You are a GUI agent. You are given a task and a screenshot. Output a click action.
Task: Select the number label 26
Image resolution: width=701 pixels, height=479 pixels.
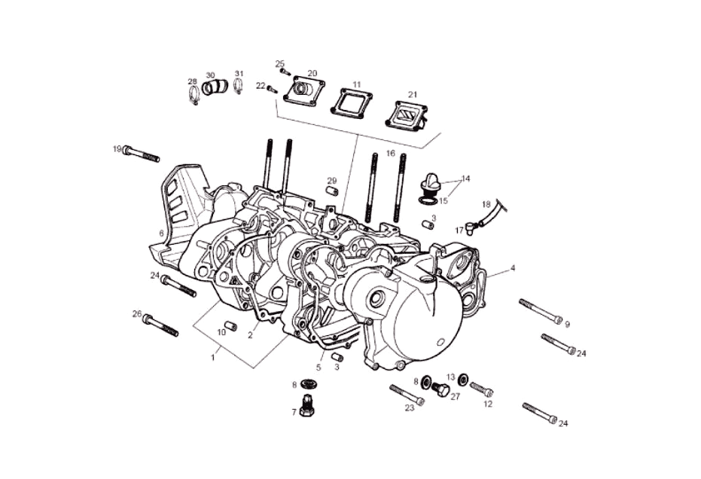point(136,313)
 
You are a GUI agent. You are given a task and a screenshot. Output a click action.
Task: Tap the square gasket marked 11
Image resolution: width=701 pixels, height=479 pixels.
point(355,102)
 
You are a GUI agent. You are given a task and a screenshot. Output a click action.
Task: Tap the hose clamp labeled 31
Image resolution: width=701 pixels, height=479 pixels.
point(239,87)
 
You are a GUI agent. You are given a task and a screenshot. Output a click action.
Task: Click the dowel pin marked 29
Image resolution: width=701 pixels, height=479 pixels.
point(331,190)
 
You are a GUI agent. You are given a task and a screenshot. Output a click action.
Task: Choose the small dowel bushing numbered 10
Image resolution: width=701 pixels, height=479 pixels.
point(232,326)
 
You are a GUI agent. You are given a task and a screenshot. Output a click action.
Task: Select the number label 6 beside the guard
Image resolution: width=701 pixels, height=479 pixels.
point(161,233)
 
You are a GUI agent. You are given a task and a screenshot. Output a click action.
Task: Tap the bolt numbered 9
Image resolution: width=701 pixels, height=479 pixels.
point(540,310)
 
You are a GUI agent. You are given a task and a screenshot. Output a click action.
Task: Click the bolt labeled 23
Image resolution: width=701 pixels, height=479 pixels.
point(407,395)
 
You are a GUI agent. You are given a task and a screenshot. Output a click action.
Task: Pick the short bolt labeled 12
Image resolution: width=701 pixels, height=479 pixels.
point(481,389)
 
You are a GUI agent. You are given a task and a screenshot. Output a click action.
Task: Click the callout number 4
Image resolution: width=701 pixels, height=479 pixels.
point(513,267)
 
